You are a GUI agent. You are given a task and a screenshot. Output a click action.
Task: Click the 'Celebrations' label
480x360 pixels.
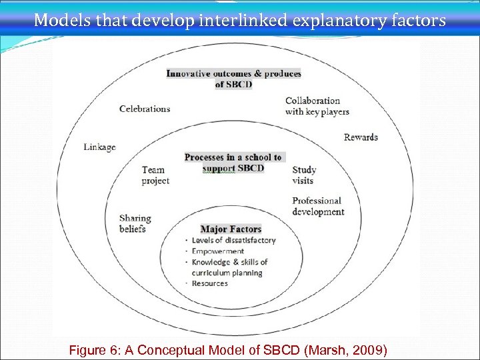coord(145,109)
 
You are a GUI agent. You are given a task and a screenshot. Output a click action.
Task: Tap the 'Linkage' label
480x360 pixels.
coord(99,147)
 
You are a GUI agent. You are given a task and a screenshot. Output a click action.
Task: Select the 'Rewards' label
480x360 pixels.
coord(361,137)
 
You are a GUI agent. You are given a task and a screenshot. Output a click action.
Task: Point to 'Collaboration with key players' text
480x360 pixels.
coord(317,106)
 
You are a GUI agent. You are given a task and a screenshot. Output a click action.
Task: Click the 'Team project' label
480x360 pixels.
coord(155,175)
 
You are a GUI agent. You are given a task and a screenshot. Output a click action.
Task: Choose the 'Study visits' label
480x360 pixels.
coord(303,175)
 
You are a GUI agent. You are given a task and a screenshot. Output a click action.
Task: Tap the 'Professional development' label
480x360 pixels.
coord(318,206)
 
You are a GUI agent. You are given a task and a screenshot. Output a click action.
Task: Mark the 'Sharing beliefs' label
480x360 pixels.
coord(135,223)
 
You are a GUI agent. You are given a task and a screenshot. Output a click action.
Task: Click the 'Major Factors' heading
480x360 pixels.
coord(231,229)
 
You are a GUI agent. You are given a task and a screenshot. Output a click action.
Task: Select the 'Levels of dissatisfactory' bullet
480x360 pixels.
coord(233,240)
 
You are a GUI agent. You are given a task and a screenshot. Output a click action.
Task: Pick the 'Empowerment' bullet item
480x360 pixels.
coord(218,251)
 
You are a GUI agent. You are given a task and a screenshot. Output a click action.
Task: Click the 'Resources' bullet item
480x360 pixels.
coord(209,283)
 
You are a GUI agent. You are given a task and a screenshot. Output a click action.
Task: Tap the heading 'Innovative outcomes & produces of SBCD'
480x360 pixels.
coord(233,79)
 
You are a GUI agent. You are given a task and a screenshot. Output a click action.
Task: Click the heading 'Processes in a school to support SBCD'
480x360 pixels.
coord(233,163)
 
